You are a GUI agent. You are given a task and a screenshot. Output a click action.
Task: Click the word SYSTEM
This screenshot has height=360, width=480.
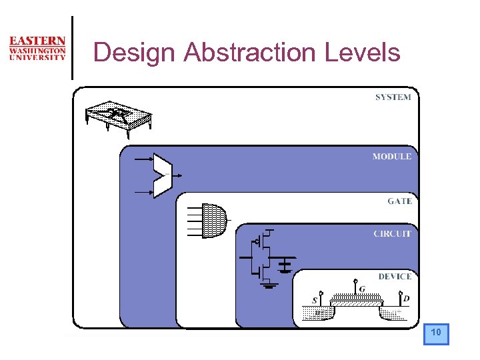coord(393,97)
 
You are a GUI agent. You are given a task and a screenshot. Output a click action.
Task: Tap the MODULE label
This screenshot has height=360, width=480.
coord(392,157)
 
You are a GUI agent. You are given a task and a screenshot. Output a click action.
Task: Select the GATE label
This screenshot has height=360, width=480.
coord(400,201)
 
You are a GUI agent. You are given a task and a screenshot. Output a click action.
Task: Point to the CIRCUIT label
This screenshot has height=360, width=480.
coord(392,234)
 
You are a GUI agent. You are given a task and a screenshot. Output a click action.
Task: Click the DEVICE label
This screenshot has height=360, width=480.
coord(395,276)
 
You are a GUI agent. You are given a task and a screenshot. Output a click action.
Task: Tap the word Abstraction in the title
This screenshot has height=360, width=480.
coord(251,52)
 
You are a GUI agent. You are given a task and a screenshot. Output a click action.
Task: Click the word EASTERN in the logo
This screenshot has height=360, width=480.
coord(37,41)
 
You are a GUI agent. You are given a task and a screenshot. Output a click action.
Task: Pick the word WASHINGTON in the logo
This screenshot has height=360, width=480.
coord(37,50)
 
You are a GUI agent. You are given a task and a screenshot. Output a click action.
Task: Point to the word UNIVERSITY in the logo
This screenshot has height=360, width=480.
coord(37,57)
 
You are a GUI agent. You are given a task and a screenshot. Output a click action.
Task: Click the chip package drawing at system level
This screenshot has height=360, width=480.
coord(119,114)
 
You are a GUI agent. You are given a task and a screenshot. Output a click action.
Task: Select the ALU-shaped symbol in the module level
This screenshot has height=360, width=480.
coord(163,175)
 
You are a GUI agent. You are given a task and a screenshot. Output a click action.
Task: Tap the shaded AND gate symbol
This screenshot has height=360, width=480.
coord(213,219)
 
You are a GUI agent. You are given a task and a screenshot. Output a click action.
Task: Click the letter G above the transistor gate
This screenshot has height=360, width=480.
coord(362,289)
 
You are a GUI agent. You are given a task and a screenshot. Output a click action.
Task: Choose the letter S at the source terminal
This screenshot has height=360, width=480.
coord(315,301)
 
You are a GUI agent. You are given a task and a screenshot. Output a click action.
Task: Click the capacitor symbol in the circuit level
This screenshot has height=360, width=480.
coord(285,265)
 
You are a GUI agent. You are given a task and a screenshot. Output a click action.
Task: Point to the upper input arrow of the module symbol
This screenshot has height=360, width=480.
coord(143,160)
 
